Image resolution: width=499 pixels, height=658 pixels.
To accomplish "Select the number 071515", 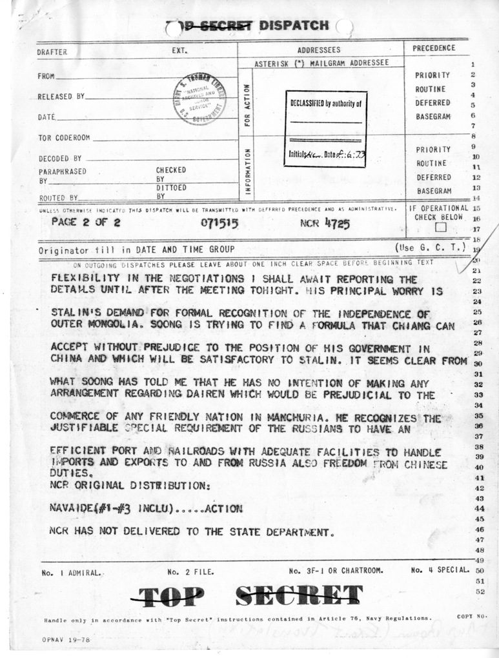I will pos(220,223).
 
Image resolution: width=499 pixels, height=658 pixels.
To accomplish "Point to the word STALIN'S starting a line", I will pos(75,312).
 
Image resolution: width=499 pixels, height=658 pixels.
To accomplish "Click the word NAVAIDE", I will pos(72,508).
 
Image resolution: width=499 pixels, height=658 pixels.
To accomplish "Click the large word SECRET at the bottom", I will pos(298,594).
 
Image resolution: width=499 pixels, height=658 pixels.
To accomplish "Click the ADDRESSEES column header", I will pos(319,50).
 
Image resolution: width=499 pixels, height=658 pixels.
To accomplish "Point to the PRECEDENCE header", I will pos(434,48).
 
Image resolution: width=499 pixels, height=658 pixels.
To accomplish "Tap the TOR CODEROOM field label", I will pos(64,138).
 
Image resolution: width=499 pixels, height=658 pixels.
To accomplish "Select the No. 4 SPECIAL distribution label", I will pos(438,570).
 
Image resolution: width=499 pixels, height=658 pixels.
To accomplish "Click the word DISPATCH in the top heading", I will pos(294,26).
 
